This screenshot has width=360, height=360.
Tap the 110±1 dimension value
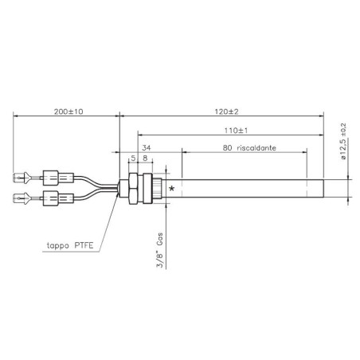(x=230, y=130)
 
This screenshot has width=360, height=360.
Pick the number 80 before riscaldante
(x=229, y=147)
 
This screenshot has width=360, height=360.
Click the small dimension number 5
(x=132, y=158)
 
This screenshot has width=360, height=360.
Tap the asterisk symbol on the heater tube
(x=172, y=189)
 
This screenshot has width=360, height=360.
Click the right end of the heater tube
(x=323, y=189)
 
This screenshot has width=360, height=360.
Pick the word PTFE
(x=82, y=248)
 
